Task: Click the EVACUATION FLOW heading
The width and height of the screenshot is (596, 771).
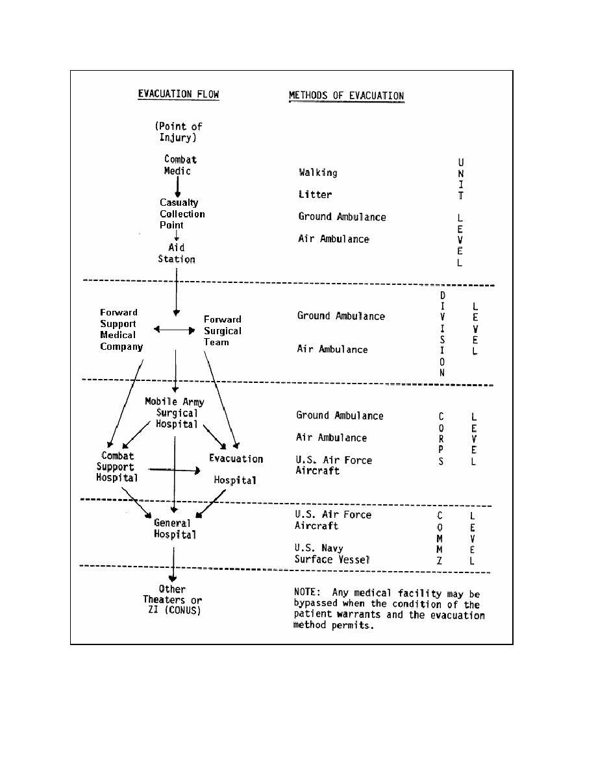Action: (x=179, y=94)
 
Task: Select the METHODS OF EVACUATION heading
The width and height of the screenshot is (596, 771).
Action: (x=346, y=96)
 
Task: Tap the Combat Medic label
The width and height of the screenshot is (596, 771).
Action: (x=179, y=165)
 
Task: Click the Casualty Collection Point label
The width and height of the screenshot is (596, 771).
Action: (x=182, y=214)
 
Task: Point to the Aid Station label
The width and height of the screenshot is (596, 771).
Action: (x=177, y=253)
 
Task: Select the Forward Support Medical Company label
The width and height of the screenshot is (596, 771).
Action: (x=121, y=330)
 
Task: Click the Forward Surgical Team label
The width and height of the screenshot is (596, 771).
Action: (x=222, y=330)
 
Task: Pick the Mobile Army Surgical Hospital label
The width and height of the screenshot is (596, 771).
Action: (x=174, y=413)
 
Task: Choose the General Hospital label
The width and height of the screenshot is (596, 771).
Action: (x=174, y=528)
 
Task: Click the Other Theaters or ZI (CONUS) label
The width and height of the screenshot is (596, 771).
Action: (x=172, y=600)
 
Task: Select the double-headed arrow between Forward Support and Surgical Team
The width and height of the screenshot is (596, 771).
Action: (x=174, y=330)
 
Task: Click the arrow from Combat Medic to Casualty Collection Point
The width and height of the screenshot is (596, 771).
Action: (x=177, y=186)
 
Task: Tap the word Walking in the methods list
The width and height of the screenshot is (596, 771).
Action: (x=317, y=173)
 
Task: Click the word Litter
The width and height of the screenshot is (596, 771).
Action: (x=315, y=195)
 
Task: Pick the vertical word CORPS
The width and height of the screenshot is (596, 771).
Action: (x=440, y=439)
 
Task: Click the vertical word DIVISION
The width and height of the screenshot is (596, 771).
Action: (x=442, y=334)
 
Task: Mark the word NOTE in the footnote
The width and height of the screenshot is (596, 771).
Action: (x=308, y=593)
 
